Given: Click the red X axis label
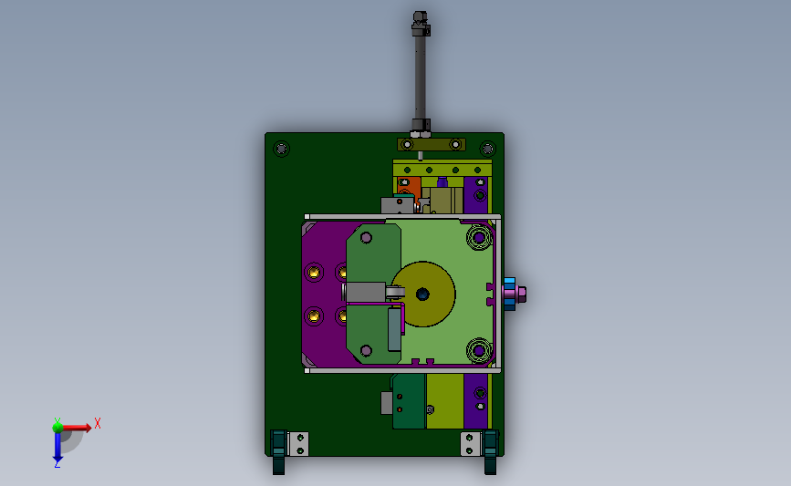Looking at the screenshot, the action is [x=98, y=423].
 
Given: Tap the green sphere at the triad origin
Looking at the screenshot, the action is [x=57, y=428].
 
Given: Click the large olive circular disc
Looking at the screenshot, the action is [x=423, y=294].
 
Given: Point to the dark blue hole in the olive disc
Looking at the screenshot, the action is [x=422, y=294].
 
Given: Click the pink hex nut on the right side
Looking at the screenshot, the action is [x=521, y=294].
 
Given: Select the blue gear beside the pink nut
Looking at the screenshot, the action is [x=509, y=294].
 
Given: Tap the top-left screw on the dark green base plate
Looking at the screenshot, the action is [x=282, y=149].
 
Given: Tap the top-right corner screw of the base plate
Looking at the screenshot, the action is [x=487, y=149].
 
